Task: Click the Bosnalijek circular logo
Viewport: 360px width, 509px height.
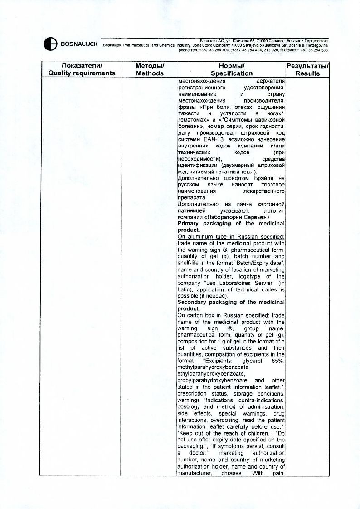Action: pyautogui.click(x=50, y=44)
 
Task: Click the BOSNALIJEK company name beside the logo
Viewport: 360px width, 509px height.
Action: pyautogui.click(x=80, y=44)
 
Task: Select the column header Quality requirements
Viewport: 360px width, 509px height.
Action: pyautogui.click(x=82, y=73)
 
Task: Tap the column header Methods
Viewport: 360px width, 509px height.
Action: pyautogui.click(x=150, y=73)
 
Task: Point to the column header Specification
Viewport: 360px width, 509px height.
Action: pyautogui.click(x=231, y=73)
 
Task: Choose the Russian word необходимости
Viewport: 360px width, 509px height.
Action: pyautogui.click(x=199, y=160)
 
